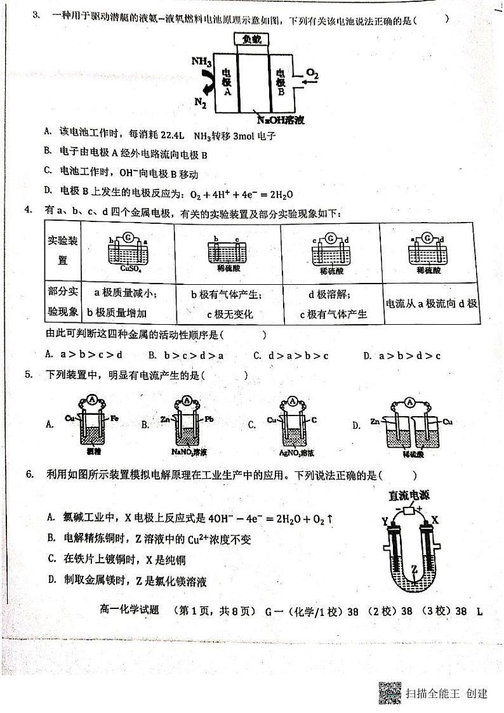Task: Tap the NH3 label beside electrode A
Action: pos(201,62)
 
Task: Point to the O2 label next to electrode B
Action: pos(312,75)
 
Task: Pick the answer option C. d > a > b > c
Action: pos(290,355)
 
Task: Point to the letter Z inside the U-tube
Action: pos(413,570)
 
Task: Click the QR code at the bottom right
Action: pos(390,692)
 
